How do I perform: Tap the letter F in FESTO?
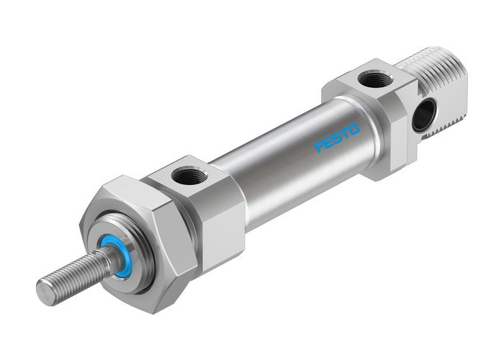click(x=320, y=148)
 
